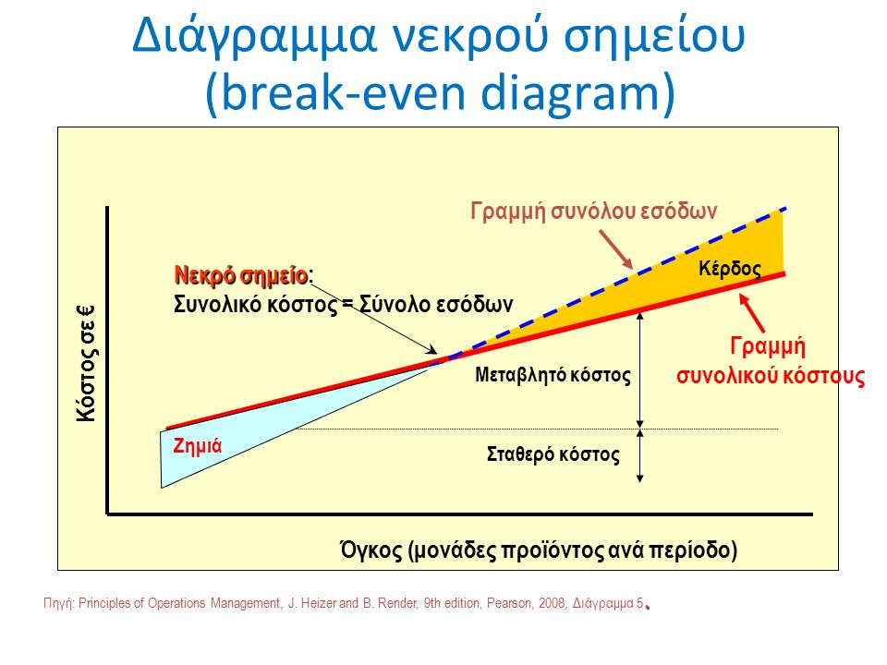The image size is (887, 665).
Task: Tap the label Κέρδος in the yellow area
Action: (730, 269)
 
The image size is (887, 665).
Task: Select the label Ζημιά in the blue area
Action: (198, 444)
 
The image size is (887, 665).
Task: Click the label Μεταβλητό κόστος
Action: (553, 376)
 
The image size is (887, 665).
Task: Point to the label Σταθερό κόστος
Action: (553, 454)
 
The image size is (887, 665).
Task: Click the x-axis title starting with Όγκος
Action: (539, 551)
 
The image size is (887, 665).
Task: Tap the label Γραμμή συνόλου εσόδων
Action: (594, 210)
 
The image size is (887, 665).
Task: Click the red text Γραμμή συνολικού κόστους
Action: (770, 362)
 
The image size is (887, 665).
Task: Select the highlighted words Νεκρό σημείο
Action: (240, 275)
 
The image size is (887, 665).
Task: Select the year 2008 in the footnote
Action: (553, 604)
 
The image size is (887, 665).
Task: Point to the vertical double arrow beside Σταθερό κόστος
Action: (640, 454)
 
